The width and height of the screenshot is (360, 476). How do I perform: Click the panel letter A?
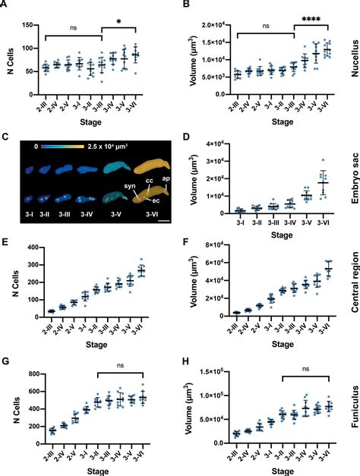click(x=5, y=6)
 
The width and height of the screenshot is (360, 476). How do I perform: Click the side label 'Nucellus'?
click(x=352, y=61)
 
